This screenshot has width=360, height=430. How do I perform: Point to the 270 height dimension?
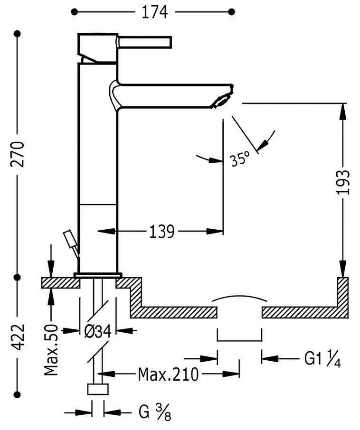click(18, 154)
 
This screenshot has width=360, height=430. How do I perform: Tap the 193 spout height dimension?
click(342, 182)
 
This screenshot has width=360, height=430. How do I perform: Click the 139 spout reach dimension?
click(162, 232)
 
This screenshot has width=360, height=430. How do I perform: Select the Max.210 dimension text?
click(168, 374)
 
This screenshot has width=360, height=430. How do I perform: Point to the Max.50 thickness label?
click(51, 350)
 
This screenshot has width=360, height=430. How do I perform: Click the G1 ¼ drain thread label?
click(322, 359)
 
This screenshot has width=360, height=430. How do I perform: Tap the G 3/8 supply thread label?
click(154, 412)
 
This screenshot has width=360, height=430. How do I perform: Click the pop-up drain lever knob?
click(69, 237)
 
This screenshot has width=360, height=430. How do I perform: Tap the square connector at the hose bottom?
click(98, 389)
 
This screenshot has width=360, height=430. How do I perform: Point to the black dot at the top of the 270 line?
click(18, 34)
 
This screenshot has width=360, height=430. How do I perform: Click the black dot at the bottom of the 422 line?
click(18, 394)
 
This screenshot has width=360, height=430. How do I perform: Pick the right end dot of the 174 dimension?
click(231, 11)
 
